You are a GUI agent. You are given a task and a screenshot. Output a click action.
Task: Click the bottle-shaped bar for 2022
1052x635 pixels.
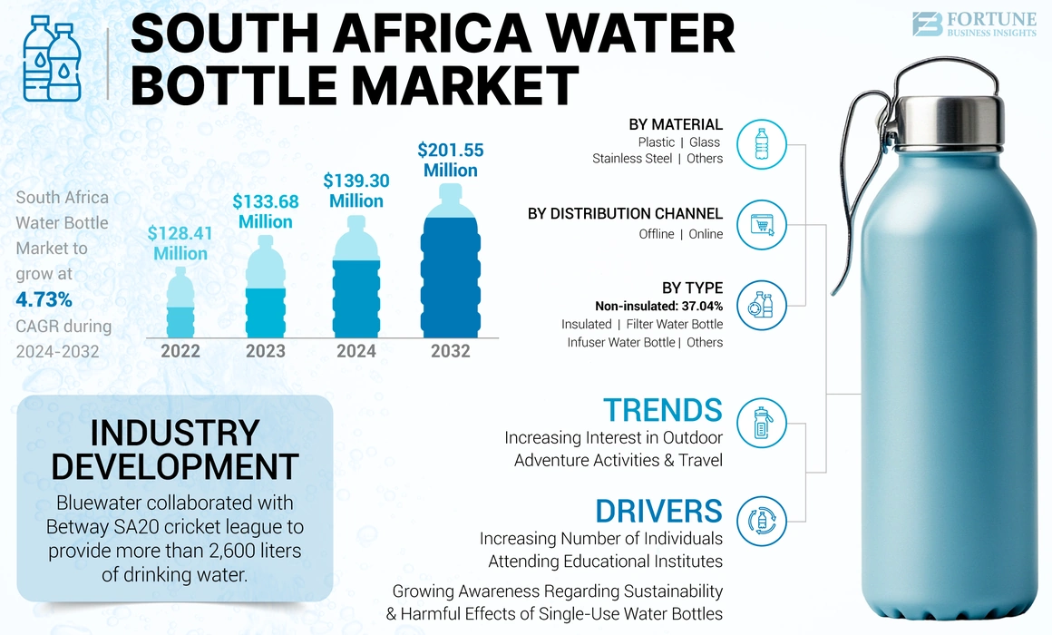(x=180, y=304)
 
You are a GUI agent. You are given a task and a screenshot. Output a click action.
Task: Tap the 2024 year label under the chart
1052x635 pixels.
(x=356, y=351)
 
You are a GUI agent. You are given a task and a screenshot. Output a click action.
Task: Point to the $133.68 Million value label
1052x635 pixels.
(x=266, y=211)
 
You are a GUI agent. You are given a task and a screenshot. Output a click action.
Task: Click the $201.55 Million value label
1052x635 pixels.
(x=451, y=160)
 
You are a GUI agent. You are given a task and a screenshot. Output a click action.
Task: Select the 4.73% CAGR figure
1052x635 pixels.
(x=44, y=299)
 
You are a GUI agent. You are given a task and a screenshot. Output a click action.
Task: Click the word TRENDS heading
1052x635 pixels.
(x=662, y=410)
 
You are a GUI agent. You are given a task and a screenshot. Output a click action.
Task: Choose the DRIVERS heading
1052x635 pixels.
(x=658, y=510)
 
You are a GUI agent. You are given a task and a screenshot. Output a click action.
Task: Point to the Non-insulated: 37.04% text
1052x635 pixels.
(x=658, y=306)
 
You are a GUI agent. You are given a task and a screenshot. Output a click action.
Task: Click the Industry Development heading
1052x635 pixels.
(x=174, y=449)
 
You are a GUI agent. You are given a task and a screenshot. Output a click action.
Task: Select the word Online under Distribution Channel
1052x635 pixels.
(x=706, y=234)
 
